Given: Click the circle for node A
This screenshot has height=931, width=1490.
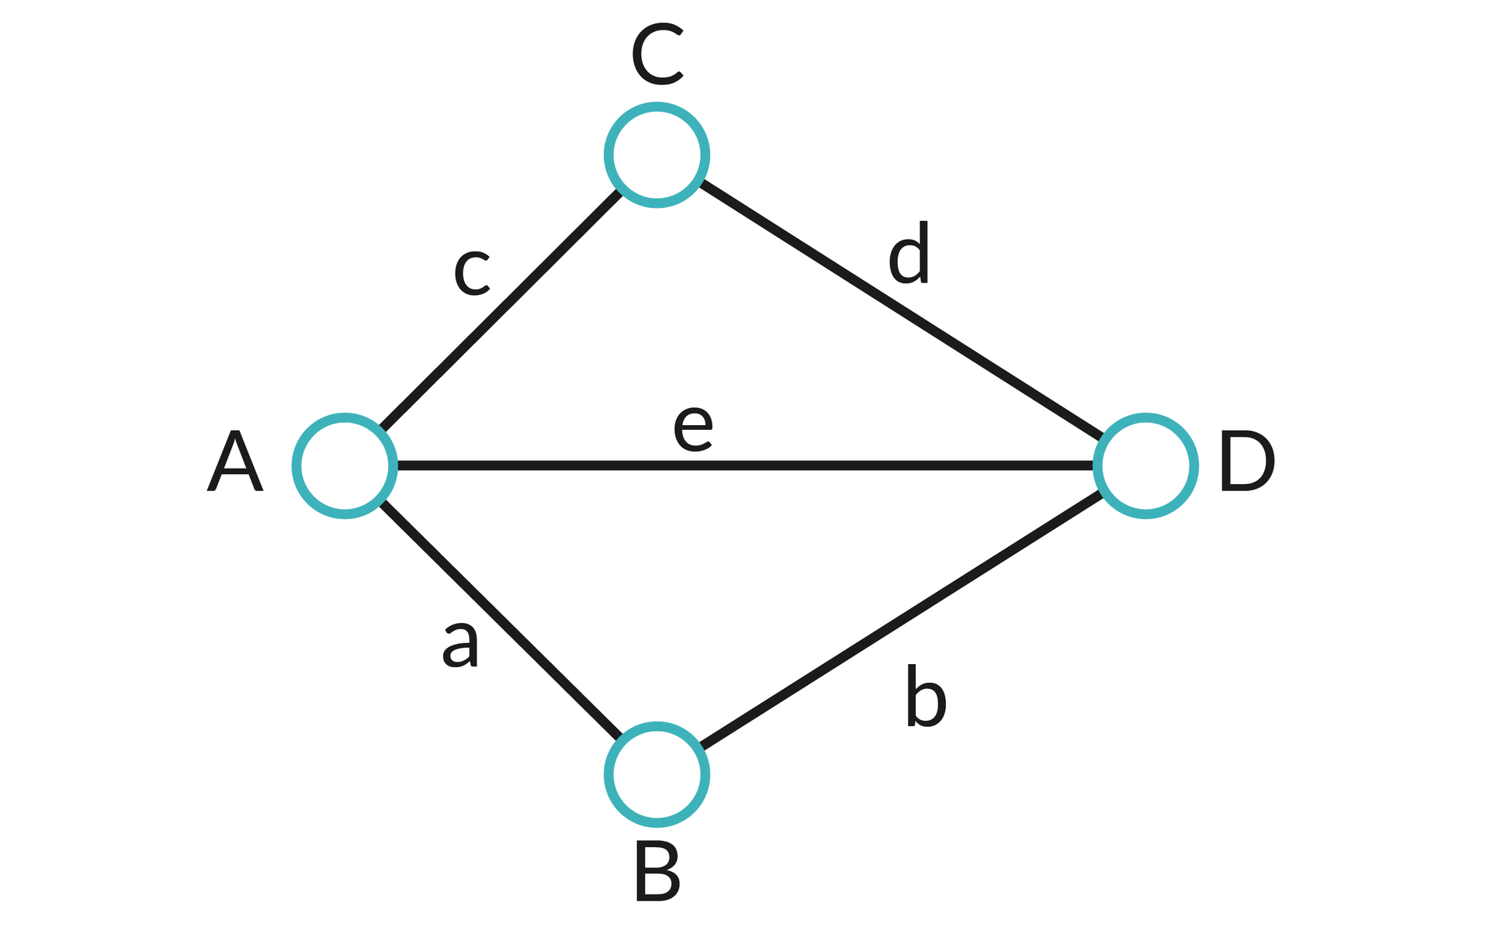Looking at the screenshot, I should [345, 465].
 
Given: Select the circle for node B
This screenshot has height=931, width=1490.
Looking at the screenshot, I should [657, 774].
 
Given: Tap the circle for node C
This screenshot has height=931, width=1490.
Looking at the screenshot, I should [657, 155].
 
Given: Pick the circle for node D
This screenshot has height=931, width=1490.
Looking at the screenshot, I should [1145, 465].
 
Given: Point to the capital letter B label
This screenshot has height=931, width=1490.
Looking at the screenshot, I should [657, 873].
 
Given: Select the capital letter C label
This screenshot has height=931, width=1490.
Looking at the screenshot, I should [657, 57].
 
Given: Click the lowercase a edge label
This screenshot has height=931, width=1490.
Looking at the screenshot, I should [460, 644].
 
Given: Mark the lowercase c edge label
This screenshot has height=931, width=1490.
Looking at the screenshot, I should [471, 273].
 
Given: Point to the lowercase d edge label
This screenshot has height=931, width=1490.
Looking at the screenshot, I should [909, 254].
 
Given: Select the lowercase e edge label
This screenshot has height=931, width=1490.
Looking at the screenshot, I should [692, 428].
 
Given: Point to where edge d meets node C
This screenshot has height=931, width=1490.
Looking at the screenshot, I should [702, 183].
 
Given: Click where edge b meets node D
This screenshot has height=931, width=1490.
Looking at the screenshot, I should [1101, 493].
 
